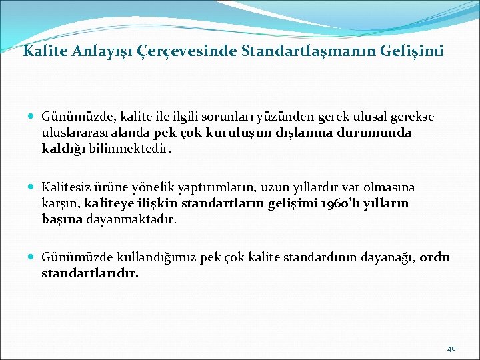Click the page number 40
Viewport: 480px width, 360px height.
tap(451, 348)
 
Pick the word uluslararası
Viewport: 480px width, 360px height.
tap(71, 133)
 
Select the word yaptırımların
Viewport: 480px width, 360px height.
tap(193, 187)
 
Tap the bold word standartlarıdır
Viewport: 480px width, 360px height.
tap(90, 273)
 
